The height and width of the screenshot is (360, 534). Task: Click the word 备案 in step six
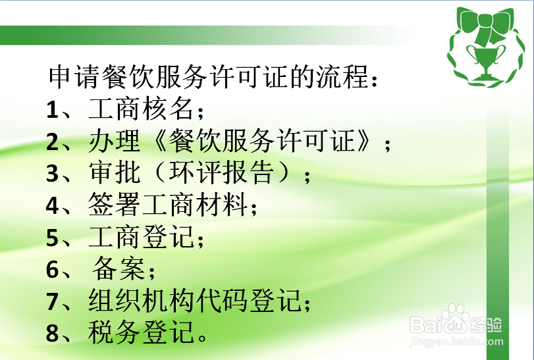coord(119,270)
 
